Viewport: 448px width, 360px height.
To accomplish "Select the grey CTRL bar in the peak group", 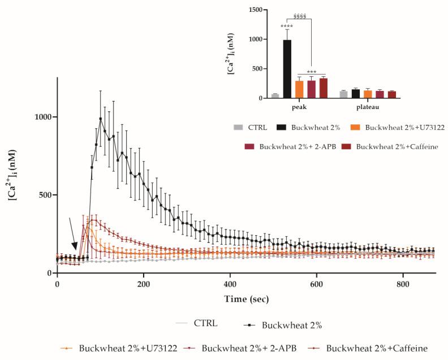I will [x=275, y=96].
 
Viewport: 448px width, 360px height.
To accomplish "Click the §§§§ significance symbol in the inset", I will [x=300, y=15].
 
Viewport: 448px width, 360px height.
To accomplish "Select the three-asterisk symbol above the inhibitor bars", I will [x=311, y=72].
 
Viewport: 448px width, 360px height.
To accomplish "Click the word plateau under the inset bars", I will [x=367, y=107].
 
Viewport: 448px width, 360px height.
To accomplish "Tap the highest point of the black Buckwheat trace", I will [x=101, y=119].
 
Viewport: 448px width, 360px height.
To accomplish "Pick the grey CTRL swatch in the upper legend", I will [x=237, y=128].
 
